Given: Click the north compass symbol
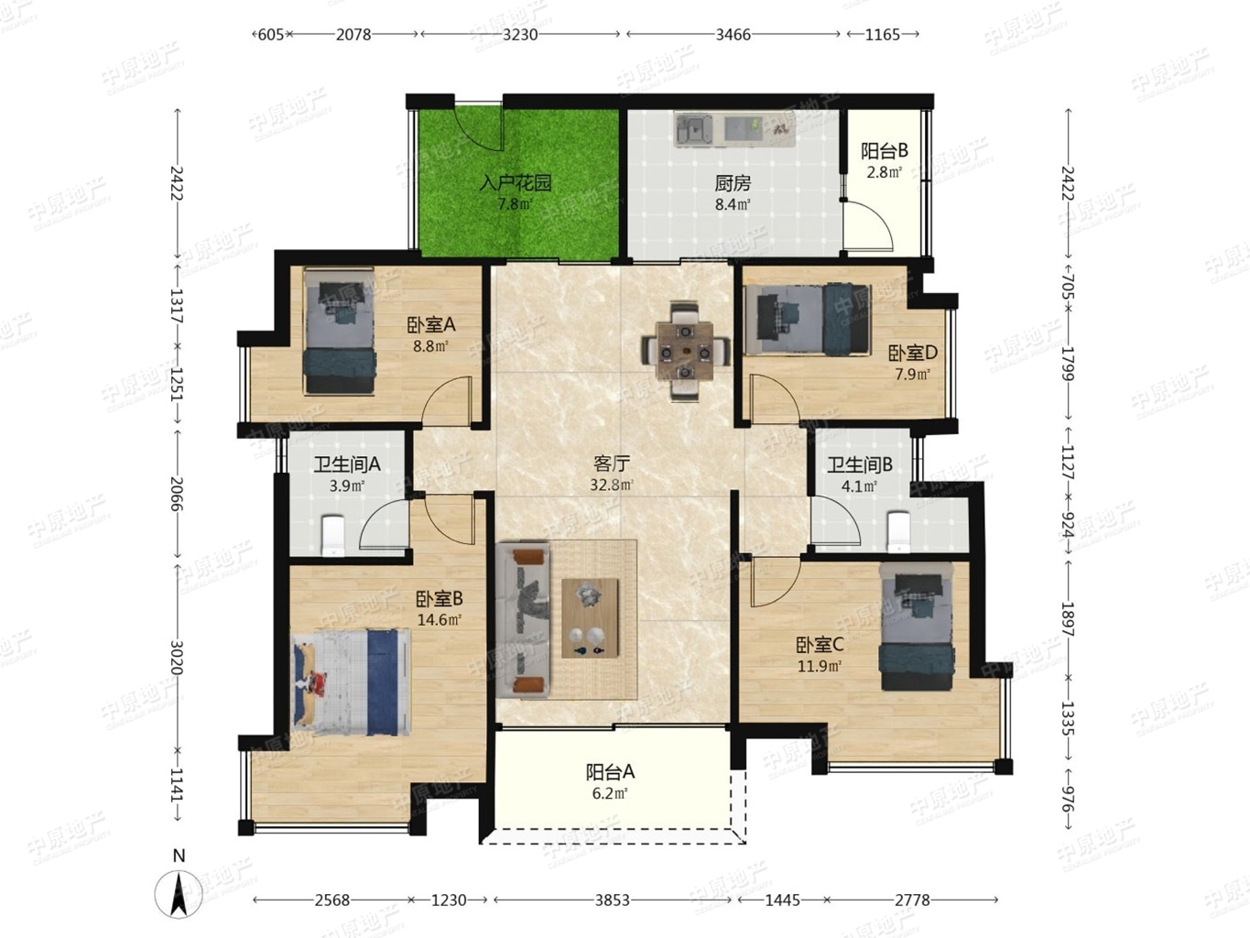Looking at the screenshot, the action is [x=179, y=894].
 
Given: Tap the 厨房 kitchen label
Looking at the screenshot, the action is [x=733, y=183].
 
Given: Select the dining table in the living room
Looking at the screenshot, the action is [x=686, y=352].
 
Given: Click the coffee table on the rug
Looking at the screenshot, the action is [x=590, y=618].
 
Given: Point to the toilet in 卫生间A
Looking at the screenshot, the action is [x=332, y=535].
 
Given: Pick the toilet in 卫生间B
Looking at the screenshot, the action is [x=897, y=531].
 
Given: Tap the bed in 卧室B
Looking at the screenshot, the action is [x=352, y=682].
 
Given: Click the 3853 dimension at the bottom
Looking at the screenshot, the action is [x=613, y=900].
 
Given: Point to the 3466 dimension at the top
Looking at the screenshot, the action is [x=733, y=34].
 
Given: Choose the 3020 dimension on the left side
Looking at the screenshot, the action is [x=177, y=657].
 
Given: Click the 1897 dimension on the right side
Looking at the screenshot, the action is [x=1067, y=619].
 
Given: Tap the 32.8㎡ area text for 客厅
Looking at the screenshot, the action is [x=612, y=485].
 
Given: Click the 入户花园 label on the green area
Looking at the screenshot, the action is [x=516, y=183].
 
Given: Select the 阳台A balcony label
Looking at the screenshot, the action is [x=610, y=771].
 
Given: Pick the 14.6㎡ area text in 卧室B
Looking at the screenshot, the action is [x=439, y=619].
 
